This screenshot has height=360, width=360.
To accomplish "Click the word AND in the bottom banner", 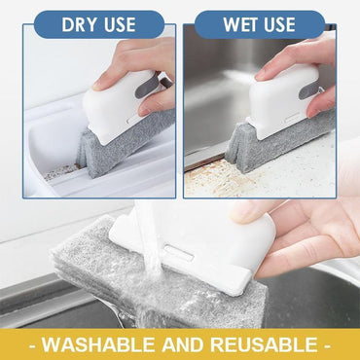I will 191,343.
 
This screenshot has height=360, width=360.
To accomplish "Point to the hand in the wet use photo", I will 302,63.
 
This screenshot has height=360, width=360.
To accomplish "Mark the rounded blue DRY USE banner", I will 99,24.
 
